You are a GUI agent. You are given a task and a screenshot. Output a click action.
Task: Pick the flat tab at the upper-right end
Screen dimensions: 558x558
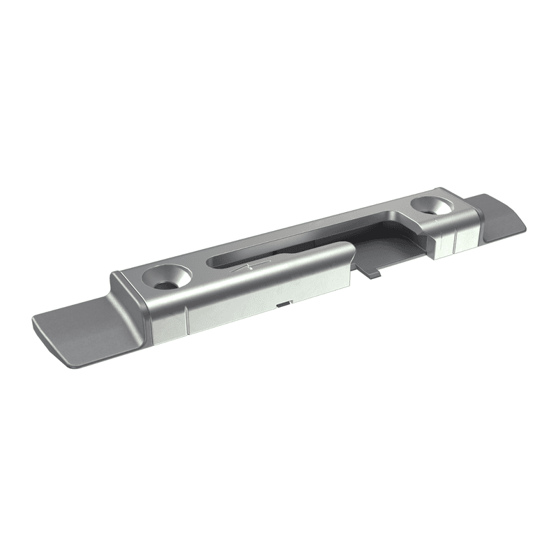499,216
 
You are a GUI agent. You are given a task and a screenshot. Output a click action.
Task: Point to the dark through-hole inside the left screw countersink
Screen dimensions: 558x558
167,283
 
